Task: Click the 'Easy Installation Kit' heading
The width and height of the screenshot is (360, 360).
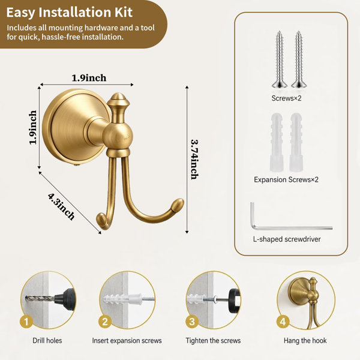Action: click(70, 13)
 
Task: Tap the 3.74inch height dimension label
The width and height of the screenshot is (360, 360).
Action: click(194, 160)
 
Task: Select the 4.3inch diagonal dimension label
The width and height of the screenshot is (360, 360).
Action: click(61, 206)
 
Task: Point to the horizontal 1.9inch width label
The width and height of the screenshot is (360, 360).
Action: click(89, 78)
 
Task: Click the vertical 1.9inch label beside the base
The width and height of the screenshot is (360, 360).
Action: click(33, 127)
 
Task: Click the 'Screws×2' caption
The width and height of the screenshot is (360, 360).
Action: click(286, 98)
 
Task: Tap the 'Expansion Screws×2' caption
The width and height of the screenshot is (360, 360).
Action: click(286, 179)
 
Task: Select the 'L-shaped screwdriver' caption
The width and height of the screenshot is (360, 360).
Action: click(287, 239)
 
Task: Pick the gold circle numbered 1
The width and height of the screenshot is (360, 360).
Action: click(26, 322)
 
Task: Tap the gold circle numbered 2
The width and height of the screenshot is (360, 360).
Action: click(105, 322)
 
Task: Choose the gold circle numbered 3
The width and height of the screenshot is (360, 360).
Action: click(192, 322)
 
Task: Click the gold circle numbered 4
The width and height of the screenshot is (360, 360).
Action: click(283, 322)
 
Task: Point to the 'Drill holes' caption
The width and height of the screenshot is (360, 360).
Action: click(47, 340)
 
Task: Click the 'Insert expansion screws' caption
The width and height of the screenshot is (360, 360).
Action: click(127, 340)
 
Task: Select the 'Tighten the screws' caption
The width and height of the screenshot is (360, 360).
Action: click(213, 340)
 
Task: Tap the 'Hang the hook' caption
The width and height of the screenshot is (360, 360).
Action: click(305, 340)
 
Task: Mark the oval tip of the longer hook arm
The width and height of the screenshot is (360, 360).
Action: click(178, 205)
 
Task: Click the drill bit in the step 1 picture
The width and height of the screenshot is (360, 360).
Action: click(40, 299)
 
